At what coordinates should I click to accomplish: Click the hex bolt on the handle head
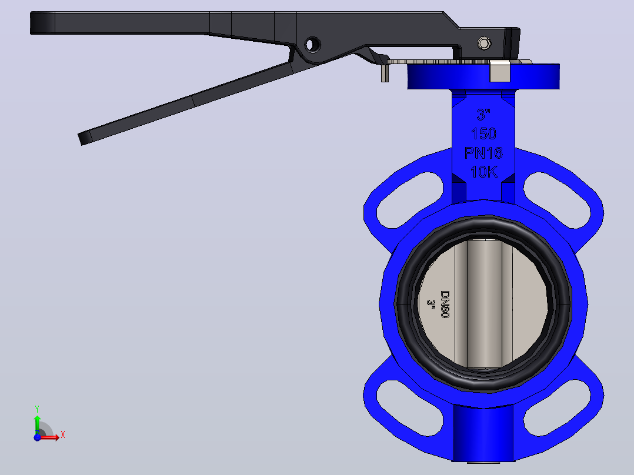tap(485, 44)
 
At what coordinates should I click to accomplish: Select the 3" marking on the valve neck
tap(483, 115)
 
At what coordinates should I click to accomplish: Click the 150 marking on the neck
tap(483, 133)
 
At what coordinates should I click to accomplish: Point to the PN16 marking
tap(483, 153)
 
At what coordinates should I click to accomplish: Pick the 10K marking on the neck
tap(483, 172)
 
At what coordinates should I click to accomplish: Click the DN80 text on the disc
tap(445, 304)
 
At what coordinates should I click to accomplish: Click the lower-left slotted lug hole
tap(409, 407)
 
